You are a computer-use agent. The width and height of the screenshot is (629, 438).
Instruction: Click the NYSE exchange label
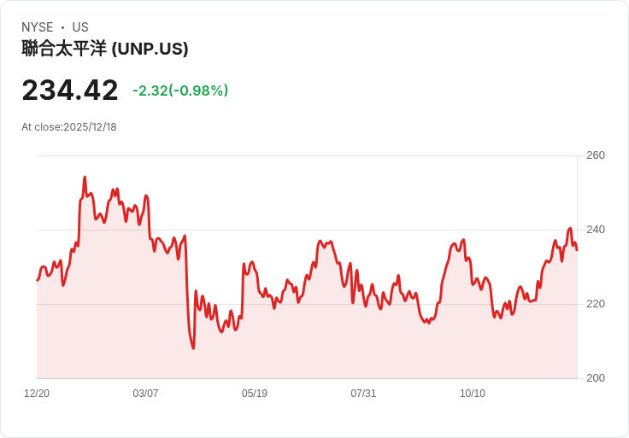38,27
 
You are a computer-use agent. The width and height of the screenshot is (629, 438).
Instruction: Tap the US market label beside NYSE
80,27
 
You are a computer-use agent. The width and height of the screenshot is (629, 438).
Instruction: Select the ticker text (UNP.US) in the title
150,49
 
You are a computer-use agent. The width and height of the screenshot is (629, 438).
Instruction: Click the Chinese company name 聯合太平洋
64,49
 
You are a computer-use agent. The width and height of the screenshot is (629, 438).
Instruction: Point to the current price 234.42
70,91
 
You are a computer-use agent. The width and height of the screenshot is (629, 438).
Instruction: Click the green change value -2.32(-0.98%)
180,91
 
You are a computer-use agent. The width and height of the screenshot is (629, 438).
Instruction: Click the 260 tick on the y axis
595,155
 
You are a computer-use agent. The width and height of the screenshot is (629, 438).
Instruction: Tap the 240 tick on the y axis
595,230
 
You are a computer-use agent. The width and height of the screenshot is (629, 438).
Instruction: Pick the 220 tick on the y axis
595,304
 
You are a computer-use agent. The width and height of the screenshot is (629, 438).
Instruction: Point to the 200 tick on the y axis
595,378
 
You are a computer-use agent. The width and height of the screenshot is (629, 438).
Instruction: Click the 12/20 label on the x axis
37,394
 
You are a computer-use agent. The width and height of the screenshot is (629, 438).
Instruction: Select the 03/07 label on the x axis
145,394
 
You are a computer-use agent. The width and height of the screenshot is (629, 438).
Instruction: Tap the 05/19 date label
255,394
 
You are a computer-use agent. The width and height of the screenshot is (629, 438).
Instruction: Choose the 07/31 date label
363,394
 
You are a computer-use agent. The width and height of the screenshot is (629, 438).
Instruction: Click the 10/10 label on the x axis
473,394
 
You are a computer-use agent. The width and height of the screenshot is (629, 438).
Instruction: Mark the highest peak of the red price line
85,178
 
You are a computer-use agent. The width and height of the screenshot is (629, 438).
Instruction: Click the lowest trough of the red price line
193,348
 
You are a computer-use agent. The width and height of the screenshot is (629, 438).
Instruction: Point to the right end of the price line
576,249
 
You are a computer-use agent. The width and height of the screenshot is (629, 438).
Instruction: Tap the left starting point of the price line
38,279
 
